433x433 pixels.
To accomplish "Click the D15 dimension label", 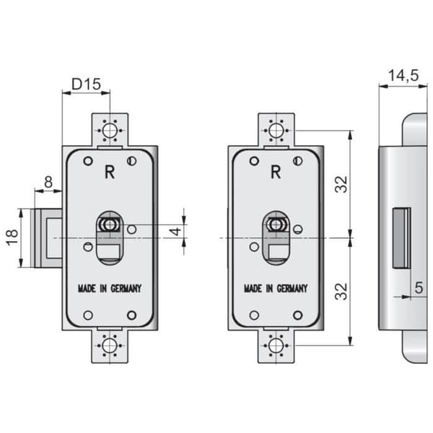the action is tap(86, 84).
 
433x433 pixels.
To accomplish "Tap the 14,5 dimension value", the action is tap(403, 75).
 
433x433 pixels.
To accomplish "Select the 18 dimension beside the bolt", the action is tap(12, 237).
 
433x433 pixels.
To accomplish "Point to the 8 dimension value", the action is tap(48, 182).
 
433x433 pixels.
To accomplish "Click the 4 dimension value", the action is tap(175, 231).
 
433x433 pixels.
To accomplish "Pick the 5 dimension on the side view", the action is tap(419, 288).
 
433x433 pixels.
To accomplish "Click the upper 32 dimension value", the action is tap(341, 184).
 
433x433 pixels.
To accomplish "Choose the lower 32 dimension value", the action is tap(341, 292).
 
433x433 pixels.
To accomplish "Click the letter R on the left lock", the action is tap(110, 172).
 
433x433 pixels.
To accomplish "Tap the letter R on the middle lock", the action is tap(276, 172).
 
